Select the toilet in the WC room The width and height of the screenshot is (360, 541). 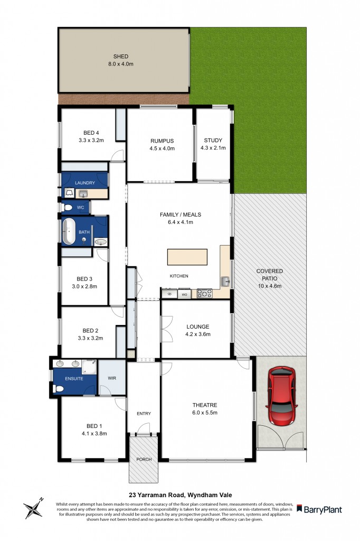67,207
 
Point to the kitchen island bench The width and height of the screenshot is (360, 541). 187,257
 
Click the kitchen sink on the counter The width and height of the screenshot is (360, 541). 225,281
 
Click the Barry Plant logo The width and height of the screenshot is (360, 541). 319,509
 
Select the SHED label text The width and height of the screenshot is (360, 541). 121,57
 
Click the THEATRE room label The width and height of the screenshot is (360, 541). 205,405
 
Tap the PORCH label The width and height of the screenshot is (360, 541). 144,459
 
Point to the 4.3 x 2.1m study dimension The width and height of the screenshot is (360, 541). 213,148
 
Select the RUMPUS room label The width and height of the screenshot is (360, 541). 162,141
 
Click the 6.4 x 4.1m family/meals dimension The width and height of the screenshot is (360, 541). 181,222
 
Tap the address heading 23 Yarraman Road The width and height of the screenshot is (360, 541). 179,495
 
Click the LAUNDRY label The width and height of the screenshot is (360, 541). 85,183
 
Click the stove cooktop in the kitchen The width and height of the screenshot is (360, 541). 204,293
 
